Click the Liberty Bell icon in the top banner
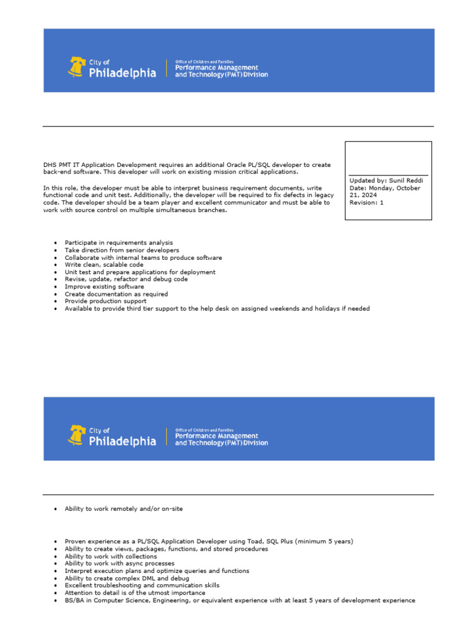77,66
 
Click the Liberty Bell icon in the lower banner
77,435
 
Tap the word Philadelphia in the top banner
123,73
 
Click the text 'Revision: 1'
366,202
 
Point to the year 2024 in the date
368,195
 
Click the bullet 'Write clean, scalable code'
104,265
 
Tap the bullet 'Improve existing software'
104,286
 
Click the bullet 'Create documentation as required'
116,294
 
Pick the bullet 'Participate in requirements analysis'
118,242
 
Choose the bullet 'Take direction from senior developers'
121,250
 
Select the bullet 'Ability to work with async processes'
119,564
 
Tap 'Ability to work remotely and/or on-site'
123,508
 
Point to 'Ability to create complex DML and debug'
126,578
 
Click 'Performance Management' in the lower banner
217,436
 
